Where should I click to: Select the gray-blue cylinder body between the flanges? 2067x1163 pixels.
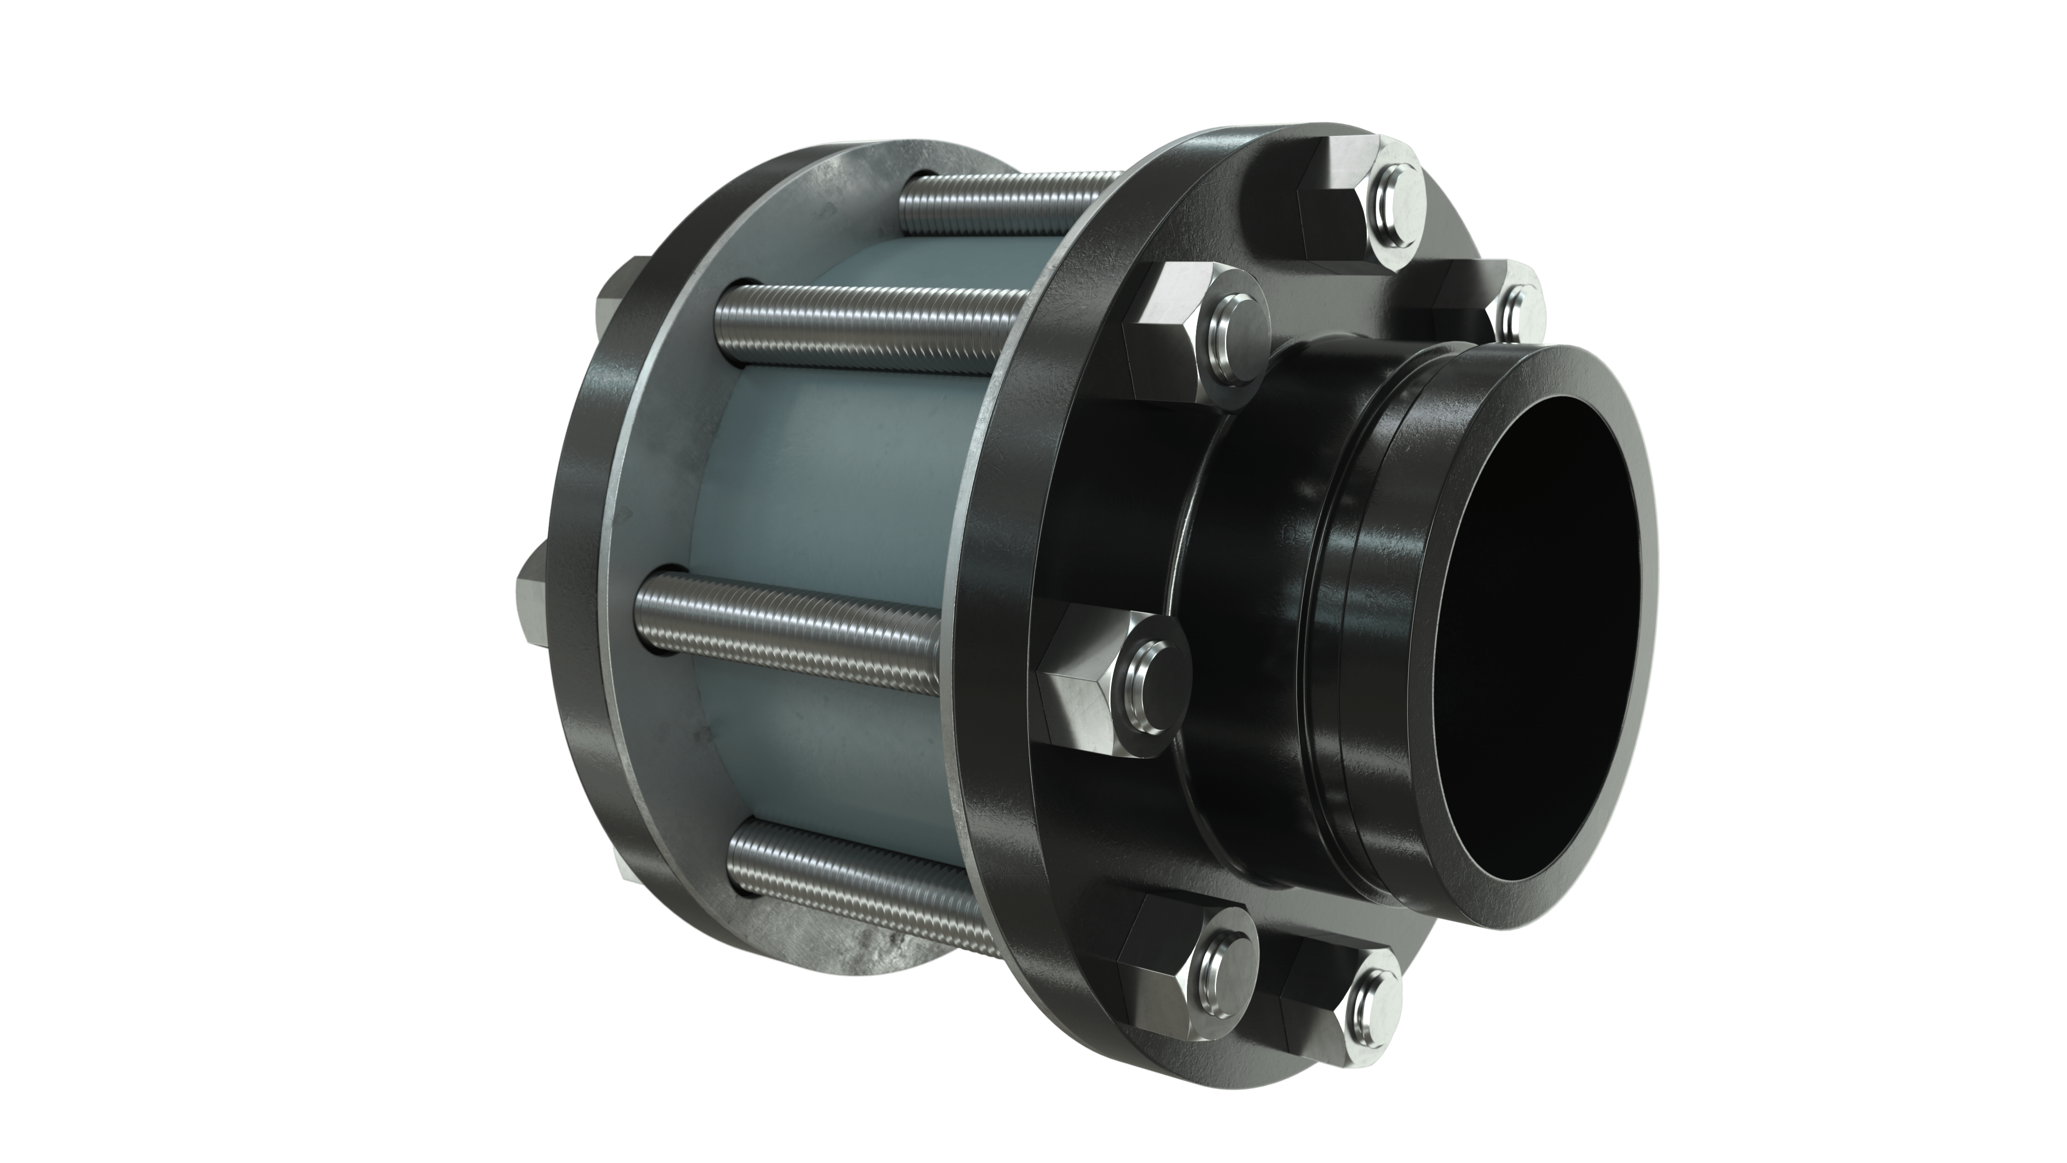point(834,498)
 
